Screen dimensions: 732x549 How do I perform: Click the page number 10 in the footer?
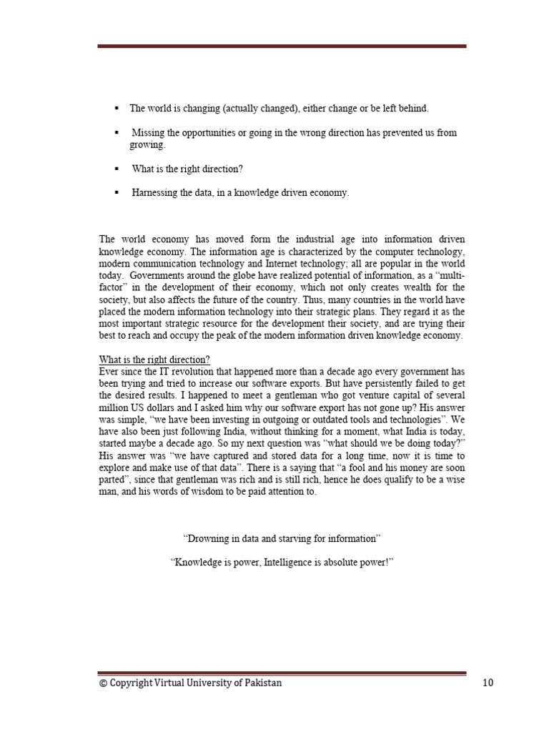click(x=488, y=683)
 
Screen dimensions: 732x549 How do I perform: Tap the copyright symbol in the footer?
click(x=103, y=683)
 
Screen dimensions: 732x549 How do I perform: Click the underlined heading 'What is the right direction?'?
click(x=154, y=359)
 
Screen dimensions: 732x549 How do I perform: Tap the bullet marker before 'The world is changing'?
click(x=116, y=108)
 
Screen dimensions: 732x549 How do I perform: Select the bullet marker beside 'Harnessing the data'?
click(x=116, y=192)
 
